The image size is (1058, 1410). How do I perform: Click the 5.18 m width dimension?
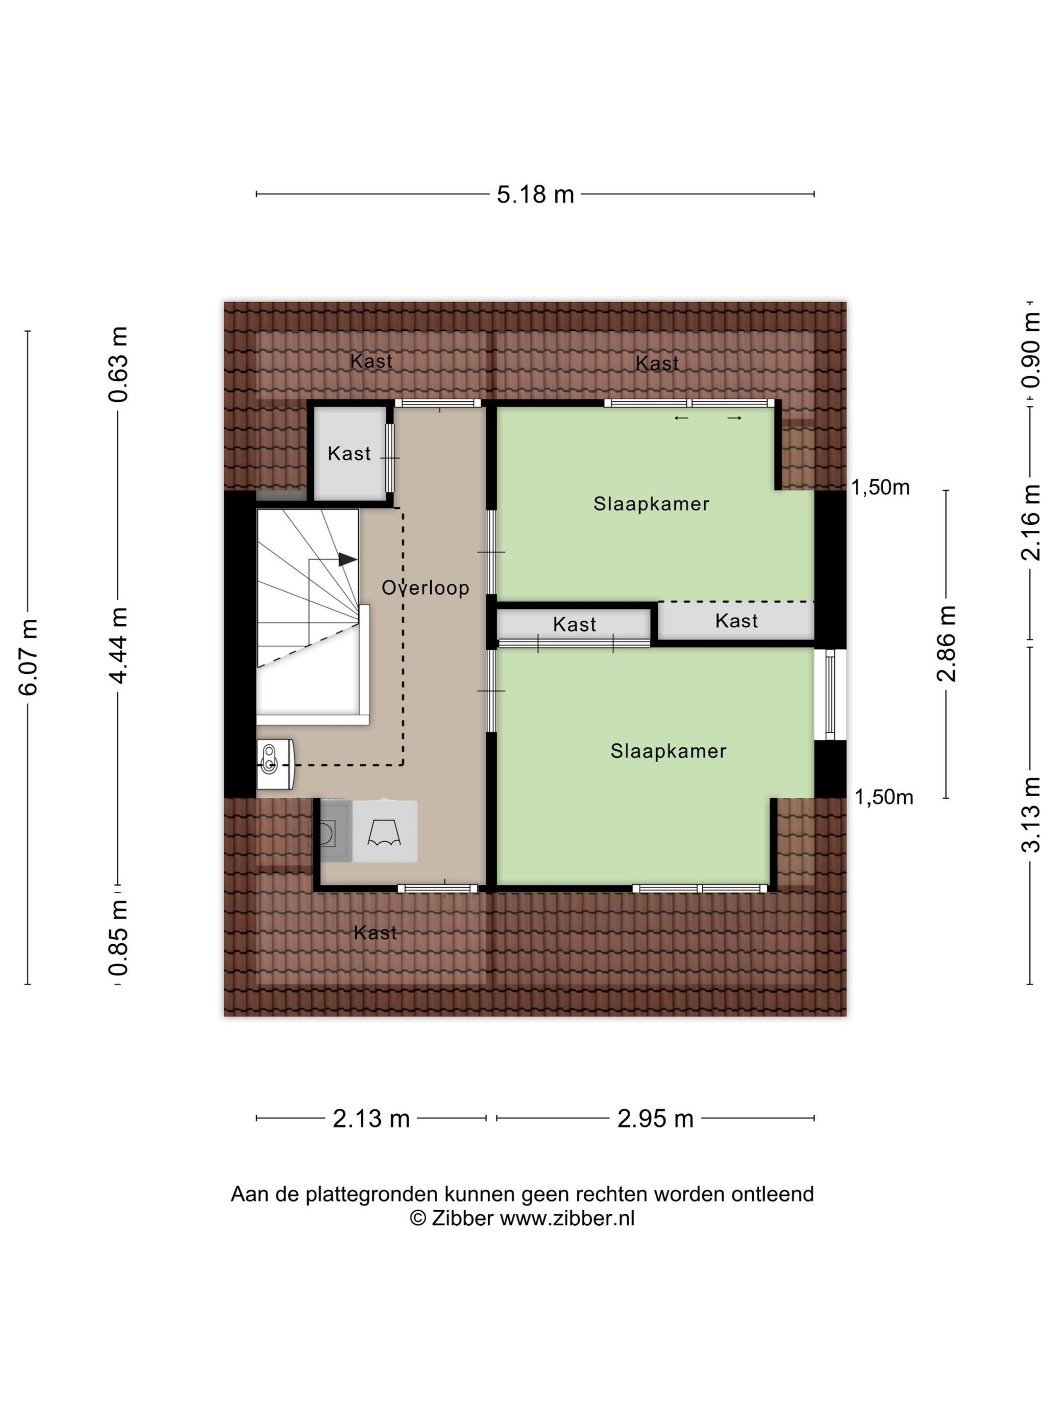coord(535,194)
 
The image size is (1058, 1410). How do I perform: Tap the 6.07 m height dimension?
coord(30,657)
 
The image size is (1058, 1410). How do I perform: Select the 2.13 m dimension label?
coord(371,1118)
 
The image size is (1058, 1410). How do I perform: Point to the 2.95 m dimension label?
coord(655,1118)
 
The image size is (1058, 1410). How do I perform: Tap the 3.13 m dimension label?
coord(1031,815)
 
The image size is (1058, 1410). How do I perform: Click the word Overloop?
coord(425,588)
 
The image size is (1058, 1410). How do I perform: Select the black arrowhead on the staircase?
coord(347,559)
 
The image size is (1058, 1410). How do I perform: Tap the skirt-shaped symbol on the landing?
coord(384,832)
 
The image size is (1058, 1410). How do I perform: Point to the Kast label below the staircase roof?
coord(375,933)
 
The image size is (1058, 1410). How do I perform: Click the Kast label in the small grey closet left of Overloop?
coord(349,453)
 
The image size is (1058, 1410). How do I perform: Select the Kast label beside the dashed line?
coord(737,620)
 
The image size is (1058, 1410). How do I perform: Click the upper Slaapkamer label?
coord(651,504)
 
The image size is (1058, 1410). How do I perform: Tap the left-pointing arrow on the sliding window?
coord(682,418)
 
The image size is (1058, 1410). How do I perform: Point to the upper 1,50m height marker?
coord(881,487)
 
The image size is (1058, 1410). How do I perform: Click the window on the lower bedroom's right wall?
coord(830,694)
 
